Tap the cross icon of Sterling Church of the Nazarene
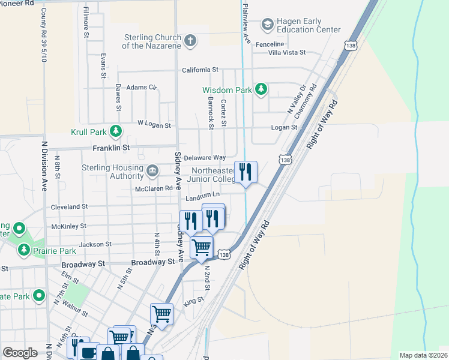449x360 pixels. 190,41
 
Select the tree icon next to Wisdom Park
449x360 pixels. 261,90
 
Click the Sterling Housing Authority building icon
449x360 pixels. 152,172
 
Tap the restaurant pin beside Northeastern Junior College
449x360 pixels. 246,172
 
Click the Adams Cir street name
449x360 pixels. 141,87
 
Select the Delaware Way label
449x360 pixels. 204,157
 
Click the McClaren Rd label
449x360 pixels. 155,188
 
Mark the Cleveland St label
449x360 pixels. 70,206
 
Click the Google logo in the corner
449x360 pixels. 20,353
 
